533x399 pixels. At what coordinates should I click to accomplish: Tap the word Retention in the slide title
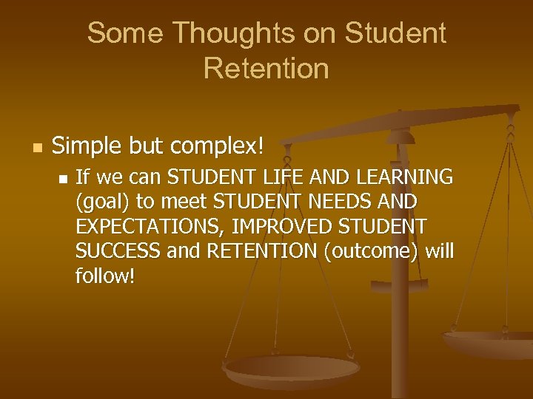[266, 68]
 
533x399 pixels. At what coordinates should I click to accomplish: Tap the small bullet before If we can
[63, 178]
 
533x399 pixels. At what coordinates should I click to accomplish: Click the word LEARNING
[406, 177]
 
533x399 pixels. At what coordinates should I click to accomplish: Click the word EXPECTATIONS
[137, 227]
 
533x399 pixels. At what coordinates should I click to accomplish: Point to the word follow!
[105, 277]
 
